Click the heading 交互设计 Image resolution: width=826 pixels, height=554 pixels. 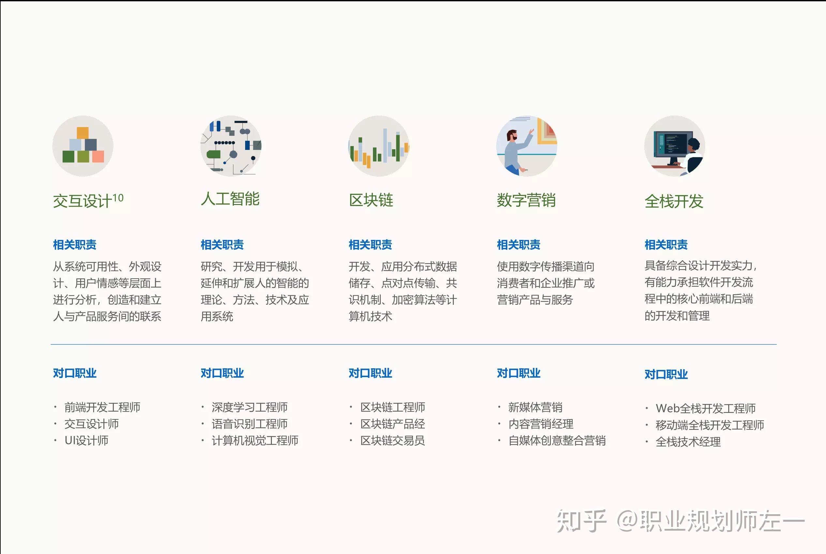[82, 201]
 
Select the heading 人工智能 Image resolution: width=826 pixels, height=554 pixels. [230, 199]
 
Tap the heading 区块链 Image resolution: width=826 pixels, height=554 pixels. [371, 200]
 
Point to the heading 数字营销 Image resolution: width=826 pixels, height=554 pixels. [526, 200]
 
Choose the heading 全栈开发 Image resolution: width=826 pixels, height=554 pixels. [674, 201]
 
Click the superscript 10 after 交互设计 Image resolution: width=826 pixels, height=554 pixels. [118, 198]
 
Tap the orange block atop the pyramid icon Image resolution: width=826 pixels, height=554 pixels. [83, 133]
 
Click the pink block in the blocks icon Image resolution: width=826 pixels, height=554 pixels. [98, 156]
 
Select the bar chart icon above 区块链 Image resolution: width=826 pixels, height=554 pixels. [378, 146]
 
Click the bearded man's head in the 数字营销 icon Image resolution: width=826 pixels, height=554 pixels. [511, 135]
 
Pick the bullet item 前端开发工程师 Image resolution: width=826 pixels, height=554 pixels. [102, 407]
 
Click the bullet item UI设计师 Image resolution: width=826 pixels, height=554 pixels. [86, 441]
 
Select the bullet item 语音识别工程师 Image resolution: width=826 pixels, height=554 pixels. [250, 424]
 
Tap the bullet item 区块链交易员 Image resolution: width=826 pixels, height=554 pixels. [392, 441]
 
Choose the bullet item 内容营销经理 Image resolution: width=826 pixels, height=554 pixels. [541, 424]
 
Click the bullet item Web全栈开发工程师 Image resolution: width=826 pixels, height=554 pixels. [705, 408]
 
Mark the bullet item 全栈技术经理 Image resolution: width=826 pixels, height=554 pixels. [688, 442]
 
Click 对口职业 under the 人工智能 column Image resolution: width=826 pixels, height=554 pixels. [222, 373]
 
